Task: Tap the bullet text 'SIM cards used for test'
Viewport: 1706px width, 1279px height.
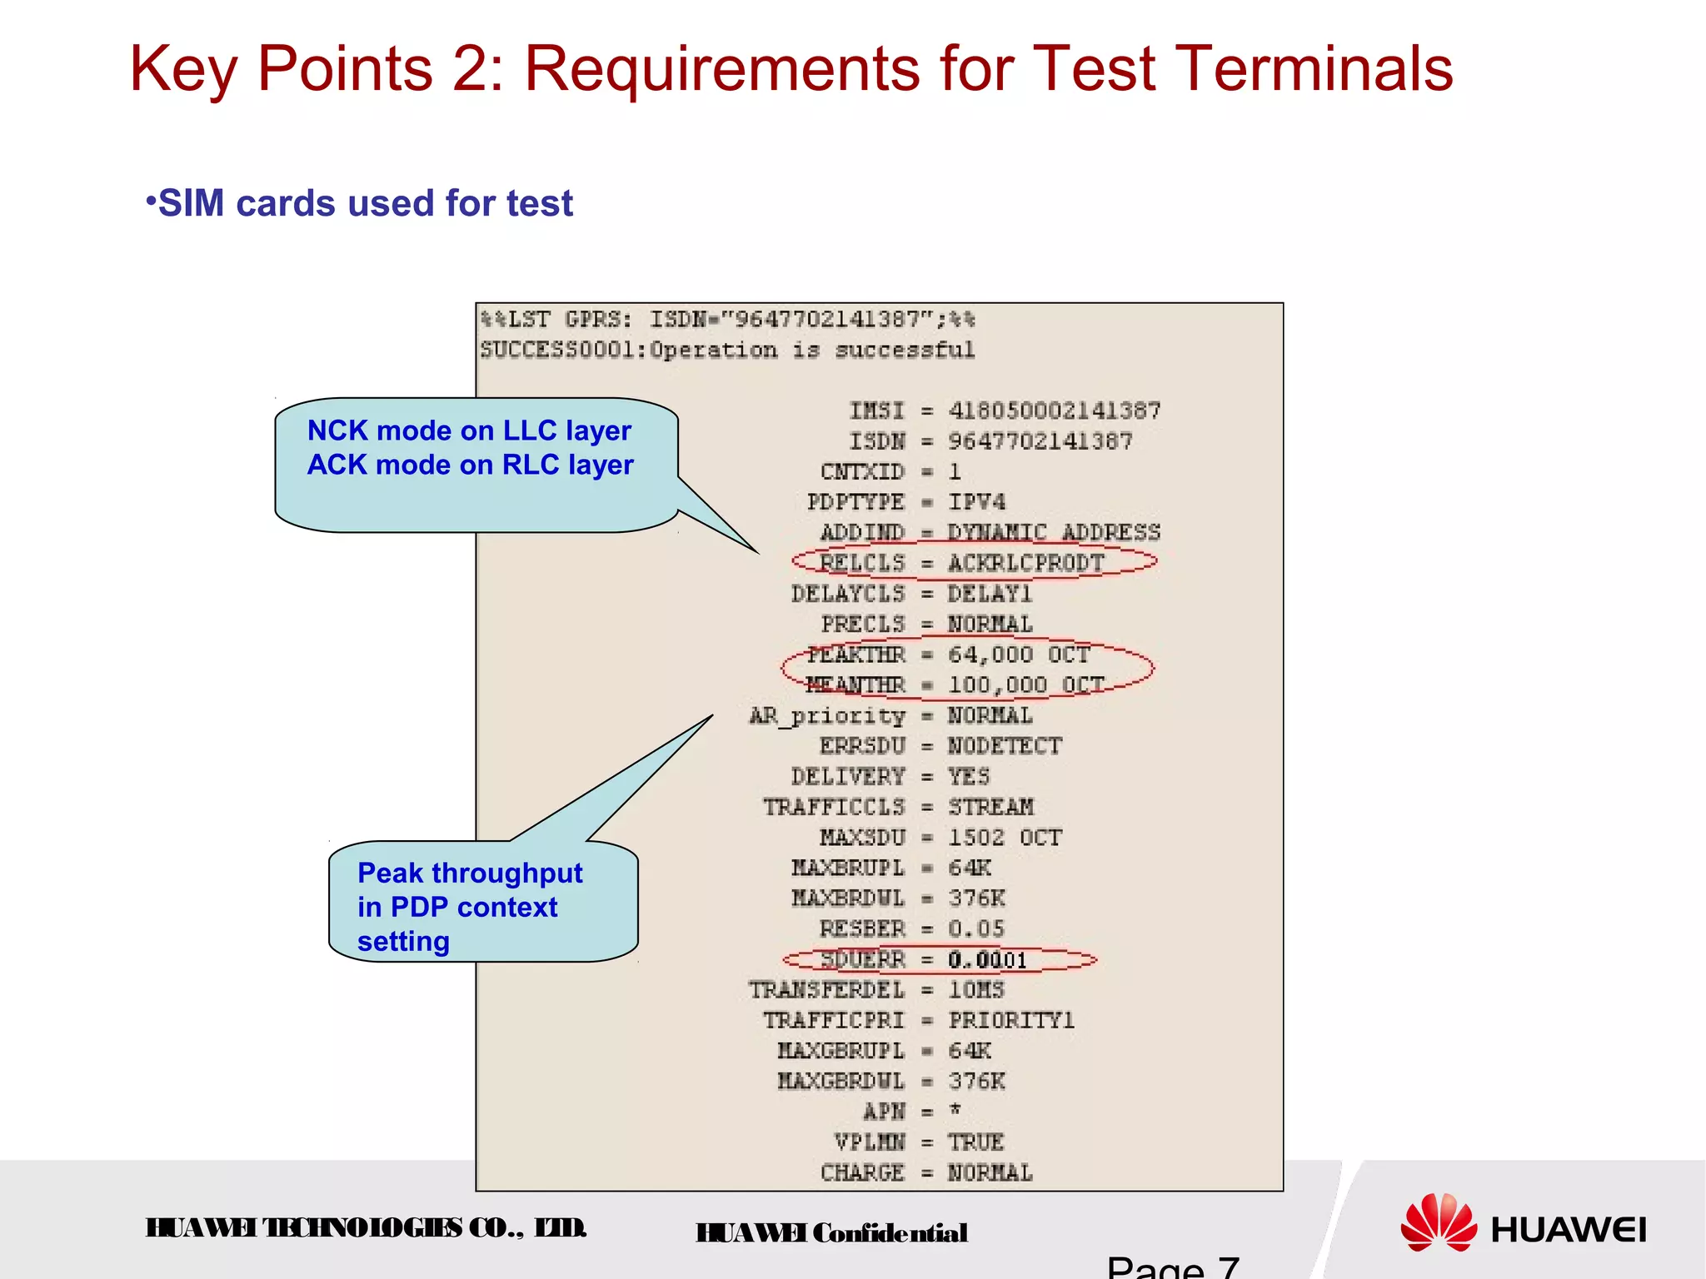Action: click(x=365, y=203)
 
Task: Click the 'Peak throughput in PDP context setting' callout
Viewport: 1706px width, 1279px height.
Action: click(x=471, y=907)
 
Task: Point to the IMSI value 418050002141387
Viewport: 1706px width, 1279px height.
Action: click(x=1054, y=411)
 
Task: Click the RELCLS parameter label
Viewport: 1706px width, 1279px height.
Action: click(x=861, y=563)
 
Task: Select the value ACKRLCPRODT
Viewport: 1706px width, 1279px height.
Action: click(x=1025, y=563)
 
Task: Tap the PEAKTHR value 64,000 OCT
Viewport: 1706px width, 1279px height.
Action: click(x=1018, y=654)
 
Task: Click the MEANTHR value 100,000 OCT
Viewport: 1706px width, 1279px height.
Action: click(x=1025, y=684)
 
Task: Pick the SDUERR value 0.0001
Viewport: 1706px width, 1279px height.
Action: click(x=987, y=960)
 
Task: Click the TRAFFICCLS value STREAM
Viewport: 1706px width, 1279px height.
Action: click(x=990, y=807)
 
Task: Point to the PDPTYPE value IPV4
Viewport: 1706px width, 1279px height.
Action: click(x=976, y=502)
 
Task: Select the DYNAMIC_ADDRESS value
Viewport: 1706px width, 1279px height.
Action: click(x=1054, y=532)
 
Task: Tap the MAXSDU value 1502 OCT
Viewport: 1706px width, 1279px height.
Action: click(x=1005, y=838)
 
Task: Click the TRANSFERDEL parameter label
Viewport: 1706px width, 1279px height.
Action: click(x=826, y=990)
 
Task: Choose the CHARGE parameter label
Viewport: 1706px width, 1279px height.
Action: click(x=861, y=1173)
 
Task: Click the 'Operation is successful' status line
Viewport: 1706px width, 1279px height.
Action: click(x=726, y=350)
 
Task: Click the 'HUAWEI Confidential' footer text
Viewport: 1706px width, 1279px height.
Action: click(x=831, y=1233)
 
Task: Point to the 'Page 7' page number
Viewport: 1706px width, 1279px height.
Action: click(x=1173, y=1267)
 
